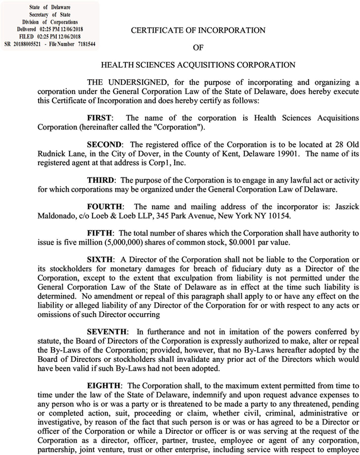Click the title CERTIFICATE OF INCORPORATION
(x=198, y=30)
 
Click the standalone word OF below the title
(x=199, y=48)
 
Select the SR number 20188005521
(x=27, y=44)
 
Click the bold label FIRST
(x=99, y=117)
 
